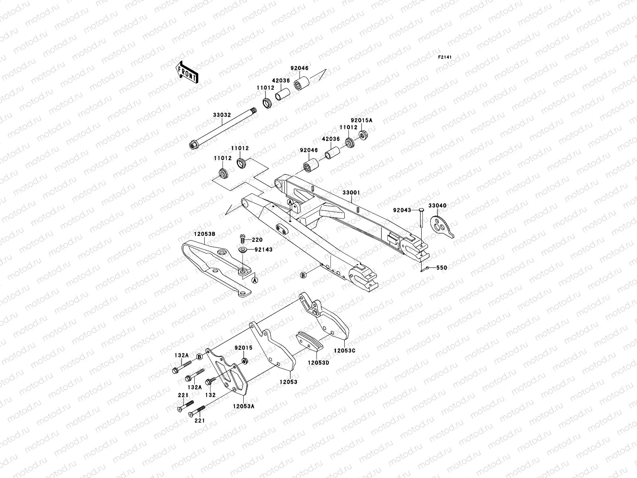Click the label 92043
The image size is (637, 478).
coord(402,210)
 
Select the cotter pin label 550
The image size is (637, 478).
coord(441,268)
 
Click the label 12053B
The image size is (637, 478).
coord(205,234)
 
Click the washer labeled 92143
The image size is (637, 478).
coord(242,250)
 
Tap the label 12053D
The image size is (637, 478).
coord(318,362)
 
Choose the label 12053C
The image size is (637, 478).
coord(345,351)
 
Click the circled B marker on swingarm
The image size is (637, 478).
coord(303,275)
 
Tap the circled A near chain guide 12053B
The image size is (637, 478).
coord(255,280)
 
